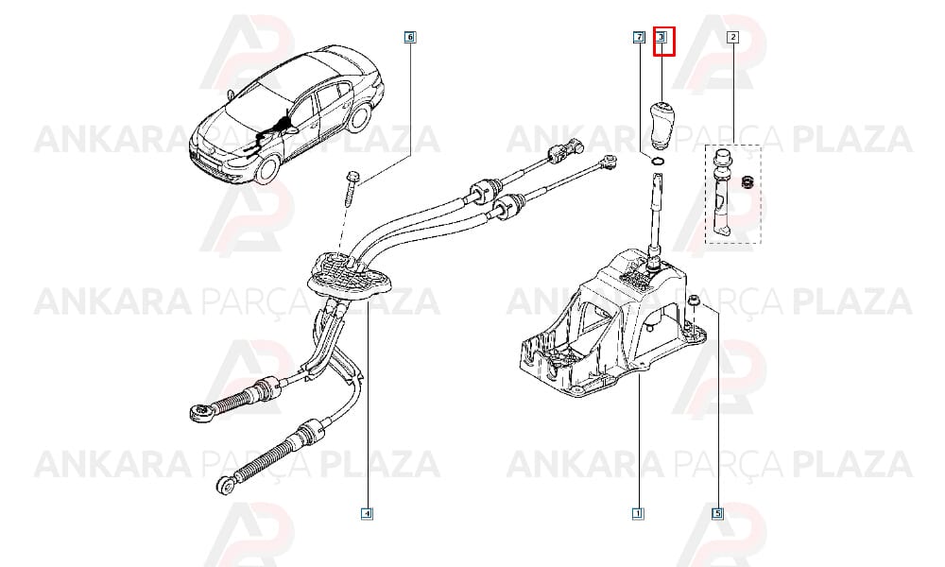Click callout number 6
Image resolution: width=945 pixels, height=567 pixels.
[410, 38]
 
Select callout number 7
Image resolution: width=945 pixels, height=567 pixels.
[638, 38]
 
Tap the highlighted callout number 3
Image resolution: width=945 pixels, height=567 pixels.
[661, 38]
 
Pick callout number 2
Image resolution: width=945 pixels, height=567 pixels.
[733, 38]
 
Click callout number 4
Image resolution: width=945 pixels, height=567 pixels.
[367, 514]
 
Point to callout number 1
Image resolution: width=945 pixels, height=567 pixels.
[638, 514]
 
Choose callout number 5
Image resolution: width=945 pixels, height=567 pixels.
[718, 514]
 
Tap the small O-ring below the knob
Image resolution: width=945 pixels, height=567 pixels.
[658, 161]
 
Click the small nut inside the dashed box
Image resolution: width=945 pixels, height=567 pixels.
[747, 180]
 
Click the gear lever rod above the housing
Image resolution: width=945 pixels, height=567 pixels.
[656, 211]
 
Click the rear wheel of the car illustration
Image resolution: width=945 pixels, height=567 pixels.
[359, 117]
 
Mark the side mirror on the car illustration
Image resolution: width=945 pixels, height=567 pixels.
[293, 129]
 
